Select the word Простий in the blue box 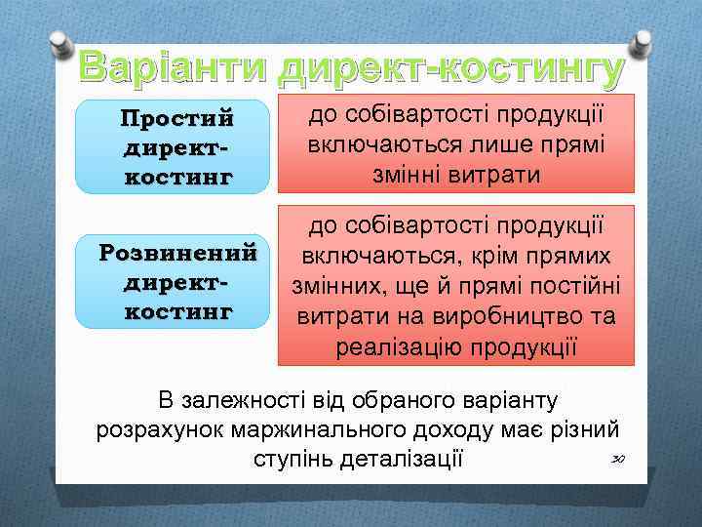(x=177, y=119)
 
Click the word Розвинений (x=179, y=254)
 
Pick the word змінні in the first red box (x=403, y=174)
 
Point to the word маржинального (x=301, y=430)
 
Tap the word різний (x=585, y=430)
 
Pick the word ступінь (x=292, y=460)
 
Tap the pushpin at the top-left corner (x=61, y=43)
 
